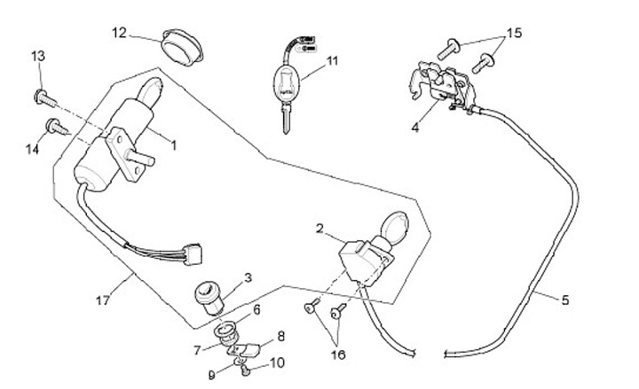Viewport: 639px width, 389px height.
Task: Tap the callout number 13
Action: pos(38,57)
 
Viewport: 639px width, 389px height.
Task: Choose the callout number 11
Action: pos(333,61)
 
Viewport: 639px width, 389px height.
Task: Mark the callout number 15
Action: pos(512,33)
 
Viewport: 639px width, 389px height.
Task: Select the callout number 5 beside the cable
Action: pos(565,299)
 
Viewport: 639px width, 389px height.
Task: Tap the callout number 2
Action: pos(319,229)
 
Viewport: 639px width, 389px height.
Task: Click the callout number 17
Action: pos(104,300)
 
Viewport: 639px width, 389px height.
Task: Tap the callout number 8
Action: pos(281,336)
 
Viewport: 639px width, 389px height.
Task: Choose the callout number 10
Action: pos(277,362)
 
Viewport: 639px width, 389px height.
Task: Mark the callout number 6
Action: pos(257,309)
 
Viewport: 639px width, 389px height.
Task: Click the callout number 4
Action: pos(414,127)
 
